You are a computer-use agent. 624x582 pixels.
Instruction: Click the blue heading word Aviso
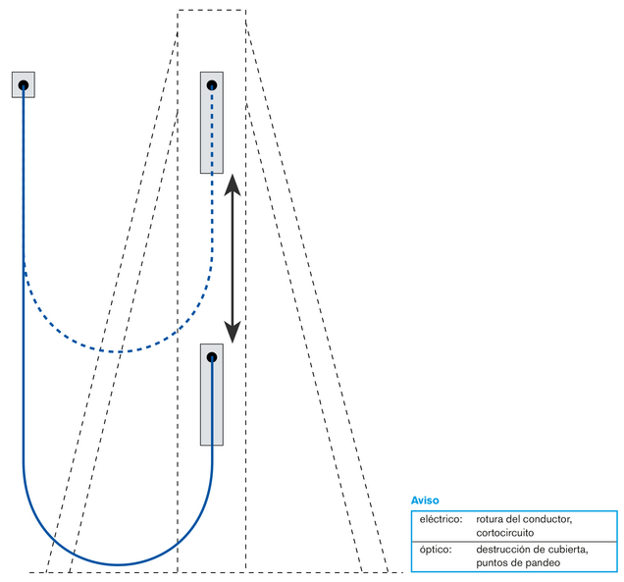click(x=425, y=501)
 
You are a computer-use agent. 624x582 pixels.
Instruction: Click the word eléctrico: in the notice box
click(x=441, y=519)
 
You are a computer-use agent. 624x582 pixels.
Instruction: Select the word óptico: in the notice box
click(x=436, y=550)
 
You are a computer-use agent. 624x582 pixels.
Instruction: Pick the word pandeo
click(x=546, y=563)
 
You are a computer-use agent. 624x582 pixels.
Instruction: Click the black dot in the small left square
click(x=24, y=84)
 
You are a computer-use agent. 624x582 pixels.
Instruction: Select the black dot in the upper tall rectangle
click(x=212, y=84)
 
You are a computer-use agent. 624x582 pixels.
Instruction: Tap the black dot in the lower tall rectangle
click(x=212, y=356)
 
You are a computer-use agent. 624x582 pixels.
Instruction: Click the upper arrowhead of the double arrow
click(x=233, y=185)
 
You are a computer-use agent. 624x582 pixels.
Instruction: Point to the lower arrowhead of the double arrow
click(x=233, y=332)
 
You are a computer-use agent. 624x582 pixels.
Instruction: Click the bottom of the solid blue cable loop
click(x=118, y=564)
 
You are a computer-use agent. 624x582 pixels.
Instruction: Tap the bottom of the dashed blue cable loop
click(x=118, y=352)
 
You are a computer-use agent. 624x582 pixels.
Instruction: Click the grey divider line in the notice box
click(x=514, y=542)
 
